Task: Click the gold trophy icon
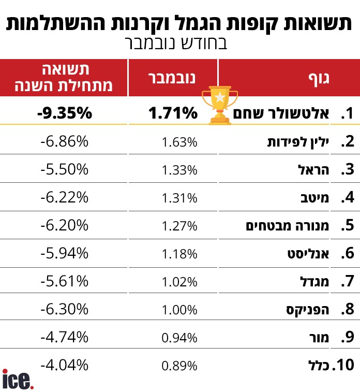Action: [220, 105]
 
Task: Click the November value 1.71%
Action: [173, 113]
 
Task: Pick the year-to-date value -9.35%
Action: [64, 113]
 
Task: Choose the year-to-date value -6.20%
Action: [64, 226]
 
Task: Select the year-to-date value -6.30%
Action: [64, 310]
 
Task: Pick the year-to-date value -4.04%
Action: [64, 366]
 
